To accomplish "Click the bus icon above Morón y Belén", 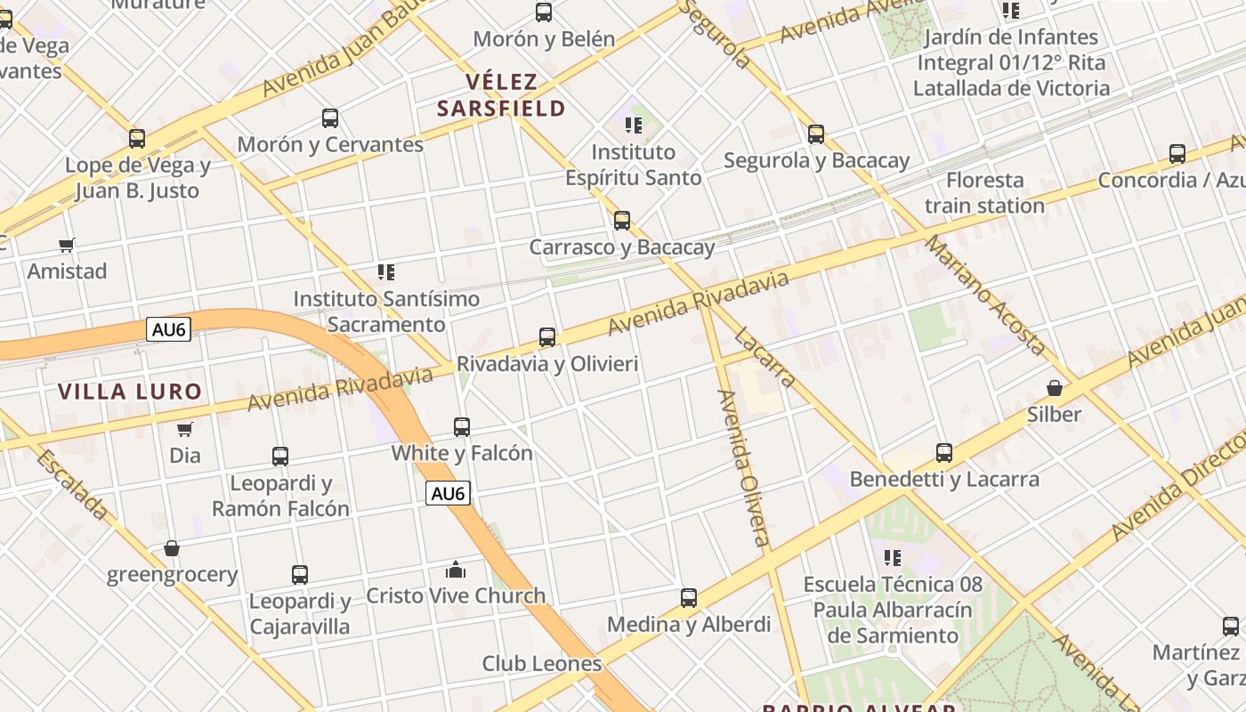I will coord(544,12).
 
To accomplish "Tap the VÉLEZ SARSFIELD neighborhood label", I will coord(501,95).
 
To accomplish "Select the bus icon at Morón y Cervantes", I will coord(330,117).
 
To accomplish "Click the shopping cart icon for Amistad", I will coord(67,245).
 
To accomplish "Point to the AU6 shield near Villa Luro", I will coord(169,329).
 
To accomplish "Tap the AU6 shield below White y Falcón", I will coord(448,493).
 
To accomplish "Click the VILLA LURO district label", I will coord(130,391).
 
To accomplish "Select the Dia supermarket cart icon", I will coord(185,429).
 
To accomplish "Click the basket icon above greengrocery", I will coord(172,548).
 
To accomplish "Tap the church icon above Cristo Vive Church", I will coord(456,570).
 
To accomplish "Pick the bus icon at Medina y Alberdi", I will coord(689,598).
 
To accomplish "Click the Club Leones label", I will coord(542,663).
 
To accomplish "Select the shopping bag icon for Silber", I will coord(1055,388).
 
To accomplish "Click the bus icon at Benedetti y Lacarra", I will coord(944,453).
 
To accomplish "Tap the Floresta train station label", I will coord(984,193).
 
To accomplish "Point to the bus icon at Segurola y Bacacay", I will coord(816,134).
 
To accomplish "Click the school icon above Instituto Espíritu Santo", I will coord(634,125).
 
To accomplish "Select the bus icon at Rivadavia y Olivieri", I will coord(547,337).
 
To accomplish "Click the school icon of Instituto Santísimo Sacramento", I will coord(386,272).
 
